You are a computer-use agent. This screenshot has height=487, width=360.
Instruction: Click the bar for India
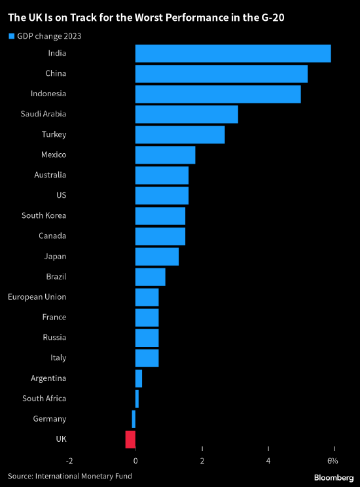click(x=232, y=53)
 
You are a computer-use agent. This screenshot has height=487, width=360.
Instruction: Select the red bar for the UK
click(x=130, y=439)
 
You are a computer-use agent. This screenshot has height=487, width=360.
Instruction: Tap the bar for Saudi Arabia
click(x=187, y=114)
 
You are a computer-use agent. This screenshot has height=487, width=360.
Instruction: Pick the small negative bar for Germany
click(x=134, y=418)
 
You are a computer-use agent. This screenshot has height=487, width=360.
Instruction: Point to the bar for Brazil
click(x=150, y=276)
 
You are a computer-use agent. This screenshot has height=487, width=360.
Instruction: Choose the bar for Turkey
click(x=180, y=134)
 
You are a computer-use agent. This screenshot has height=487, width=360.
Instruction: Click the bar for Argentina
click(x=139, y=378)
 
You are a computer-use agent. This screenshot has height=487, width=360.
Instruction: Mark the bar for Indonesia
click(x=218, y=94)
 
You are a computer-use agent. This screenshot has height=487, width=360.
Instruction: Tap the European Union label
click(x=37, y=297)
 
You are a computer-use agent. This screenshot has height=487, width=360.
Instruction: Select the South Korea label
click(x=43, y=215)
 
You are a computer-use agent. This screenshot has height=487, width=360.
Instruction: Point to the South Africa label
click(x=44, y=398)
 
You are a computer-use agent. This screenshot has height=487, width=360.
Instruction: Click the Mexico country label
click(x=52, y=154)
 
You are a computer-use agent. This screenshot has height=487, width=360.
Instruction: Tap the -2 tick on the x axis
click(x=69, y=461)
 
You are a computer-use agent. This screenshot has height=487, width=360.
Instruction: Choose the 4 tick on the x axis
click(x=268, y=461)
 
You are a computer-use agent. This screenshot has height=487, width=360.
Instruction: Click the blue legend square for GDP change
click(x=10, y=36)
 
